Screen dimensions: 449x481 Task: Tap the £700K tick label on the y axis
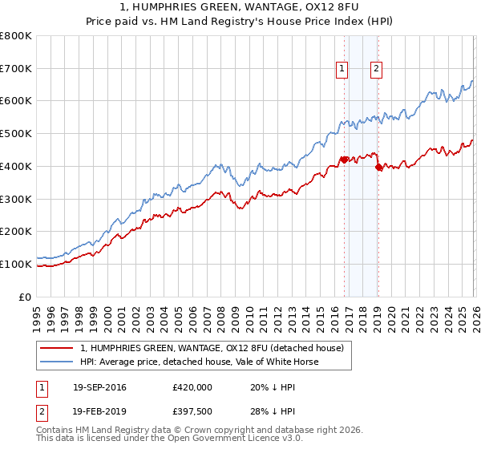point(16,69)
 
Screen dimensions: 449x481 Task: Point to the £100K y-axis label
point(16,264)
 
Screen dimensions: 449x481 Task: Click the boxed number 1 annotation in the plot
point(342,70)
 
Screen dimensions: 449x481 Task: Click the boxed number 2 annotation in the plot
point(376,70)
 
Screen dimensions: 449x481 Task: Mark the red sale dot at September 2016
point(344,160)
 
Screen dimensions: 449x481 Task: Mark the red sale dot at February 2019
point(378,167)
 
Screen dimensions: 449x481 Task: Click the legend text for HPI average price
point(199,362)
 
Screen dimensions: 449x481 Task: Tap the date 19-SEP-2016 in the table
point(99,387)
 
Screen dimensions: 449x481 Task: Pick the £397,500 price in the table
point(192,413)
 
